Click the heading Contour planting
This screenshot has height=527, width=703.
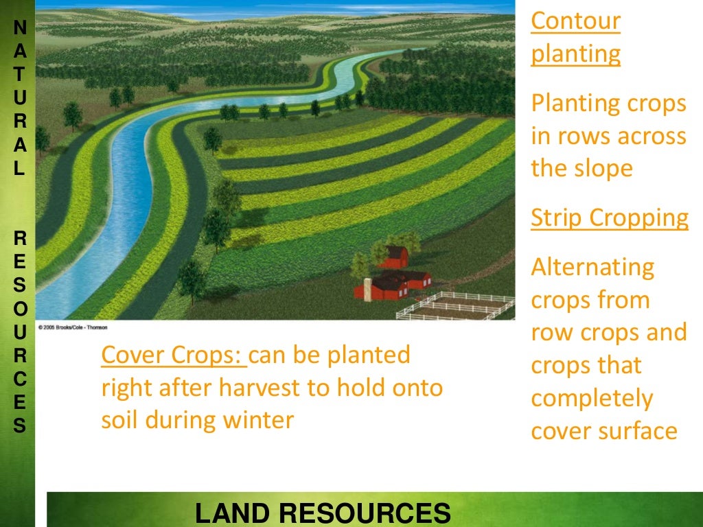pyautogui.click(x=575, y=38)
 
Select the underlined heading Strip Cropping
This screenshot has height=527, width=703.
pyautogui.click(x=610, y=218)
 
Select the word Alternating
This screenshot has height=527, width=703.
pyautogui.click(x=592, y=267)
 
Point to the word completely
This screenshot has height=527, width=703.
pyautogui.click(x=592, y=399)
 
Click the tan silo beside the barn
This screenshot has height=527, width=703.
pyautogui.click(x=367, y=289)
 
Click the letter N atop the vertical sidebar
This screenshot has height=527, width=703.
pyautogui.click(x=20, y=28)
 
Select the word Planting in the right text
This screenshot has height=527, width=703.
pyautogui.click(x=575, y=104)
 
